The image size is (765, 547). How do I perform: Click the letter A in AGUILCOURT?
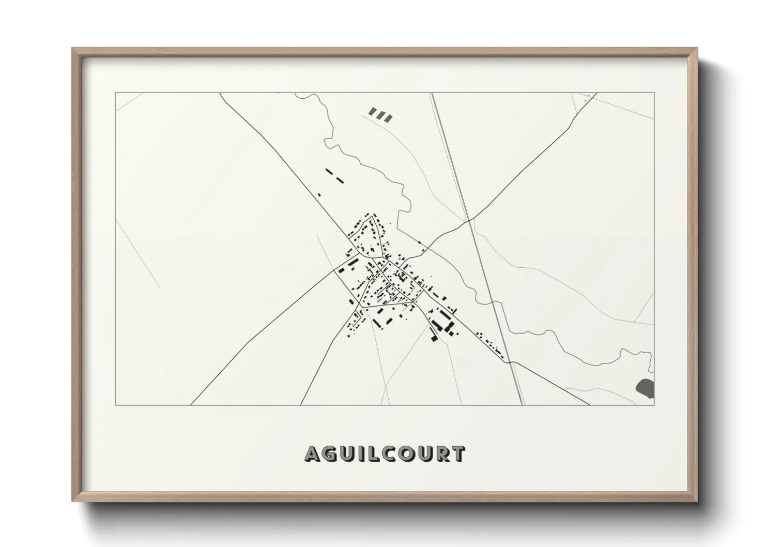click(x=314, y=454)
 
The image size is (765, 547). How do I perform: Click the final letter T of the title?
click(x=458, y=454)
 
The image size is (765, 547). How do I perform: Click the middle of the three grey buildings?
click(x=380, y=116)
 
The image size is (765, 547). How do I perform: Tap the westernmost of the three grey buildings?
click(x=372, y=112)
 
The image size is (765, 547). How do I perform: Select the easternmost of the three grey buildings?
click(x=388, y=118)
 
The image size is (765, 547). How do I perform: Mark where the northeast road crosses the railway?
click(x=468, y=221)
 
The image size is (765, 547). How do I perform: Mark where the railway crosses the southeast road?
click(x=512, y=361)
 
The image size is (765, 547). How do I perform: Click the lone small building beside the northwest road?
click(x=319, y=195)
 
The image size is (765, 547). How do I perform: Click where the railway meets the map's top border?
click(x=432, y=93)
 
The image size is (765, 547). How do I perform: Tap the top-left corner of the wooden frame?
click(x=72, y=49)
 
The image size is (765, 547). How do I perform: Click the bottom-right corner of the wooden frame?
click(x=697, y=500)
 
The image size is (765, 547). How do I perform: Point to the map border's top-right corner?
click(x=654, y=93)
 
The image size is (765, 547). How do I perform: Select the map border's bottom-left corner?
click(x=115, y=405)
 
